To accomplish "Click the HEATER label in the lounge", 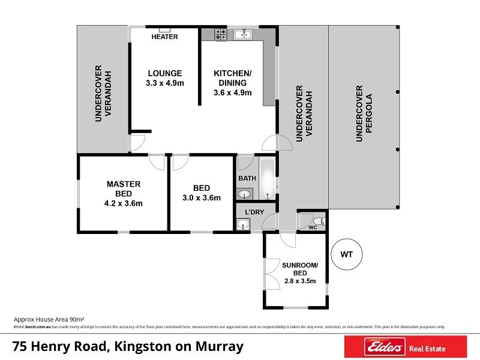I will (x=164, y=37).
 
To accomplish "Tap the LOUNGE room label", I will (x=164, y=74).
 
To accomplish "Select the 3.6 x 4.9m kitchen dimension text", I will (x=232, y=93).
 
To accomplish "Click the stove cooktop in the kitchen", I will (x=220, y=35).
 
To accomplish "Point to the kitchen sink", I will (x=244, y=34).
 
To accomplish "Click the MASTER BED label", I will (x=123, y=184).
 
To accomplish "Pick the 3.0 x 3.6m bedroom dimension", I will (x=202, y=198).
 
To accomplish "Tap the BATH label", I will (x=247, y=179).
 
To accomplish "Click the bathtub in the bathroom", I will (x=268, y=178).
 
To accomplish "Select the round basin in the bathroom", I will (x=245, y=193).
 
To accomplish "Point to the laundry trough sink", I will (x=243, y=225).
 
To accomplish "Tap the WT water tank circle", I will (x=346, y=254).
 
